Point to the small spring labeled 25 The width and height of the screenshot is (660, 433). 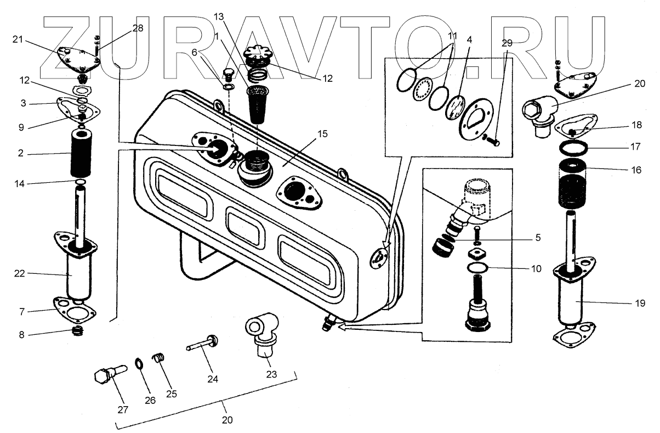(x=158, y=358)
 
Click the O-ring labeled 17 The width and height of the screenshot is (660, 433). (x=573, y=149)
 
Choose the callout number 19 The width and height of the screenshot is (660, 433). (x=640, y=302)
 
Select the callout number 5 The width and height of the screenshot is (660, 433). (x=537, y=238)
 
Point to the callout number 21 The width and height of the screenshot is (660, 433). (x=19, y=40)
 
